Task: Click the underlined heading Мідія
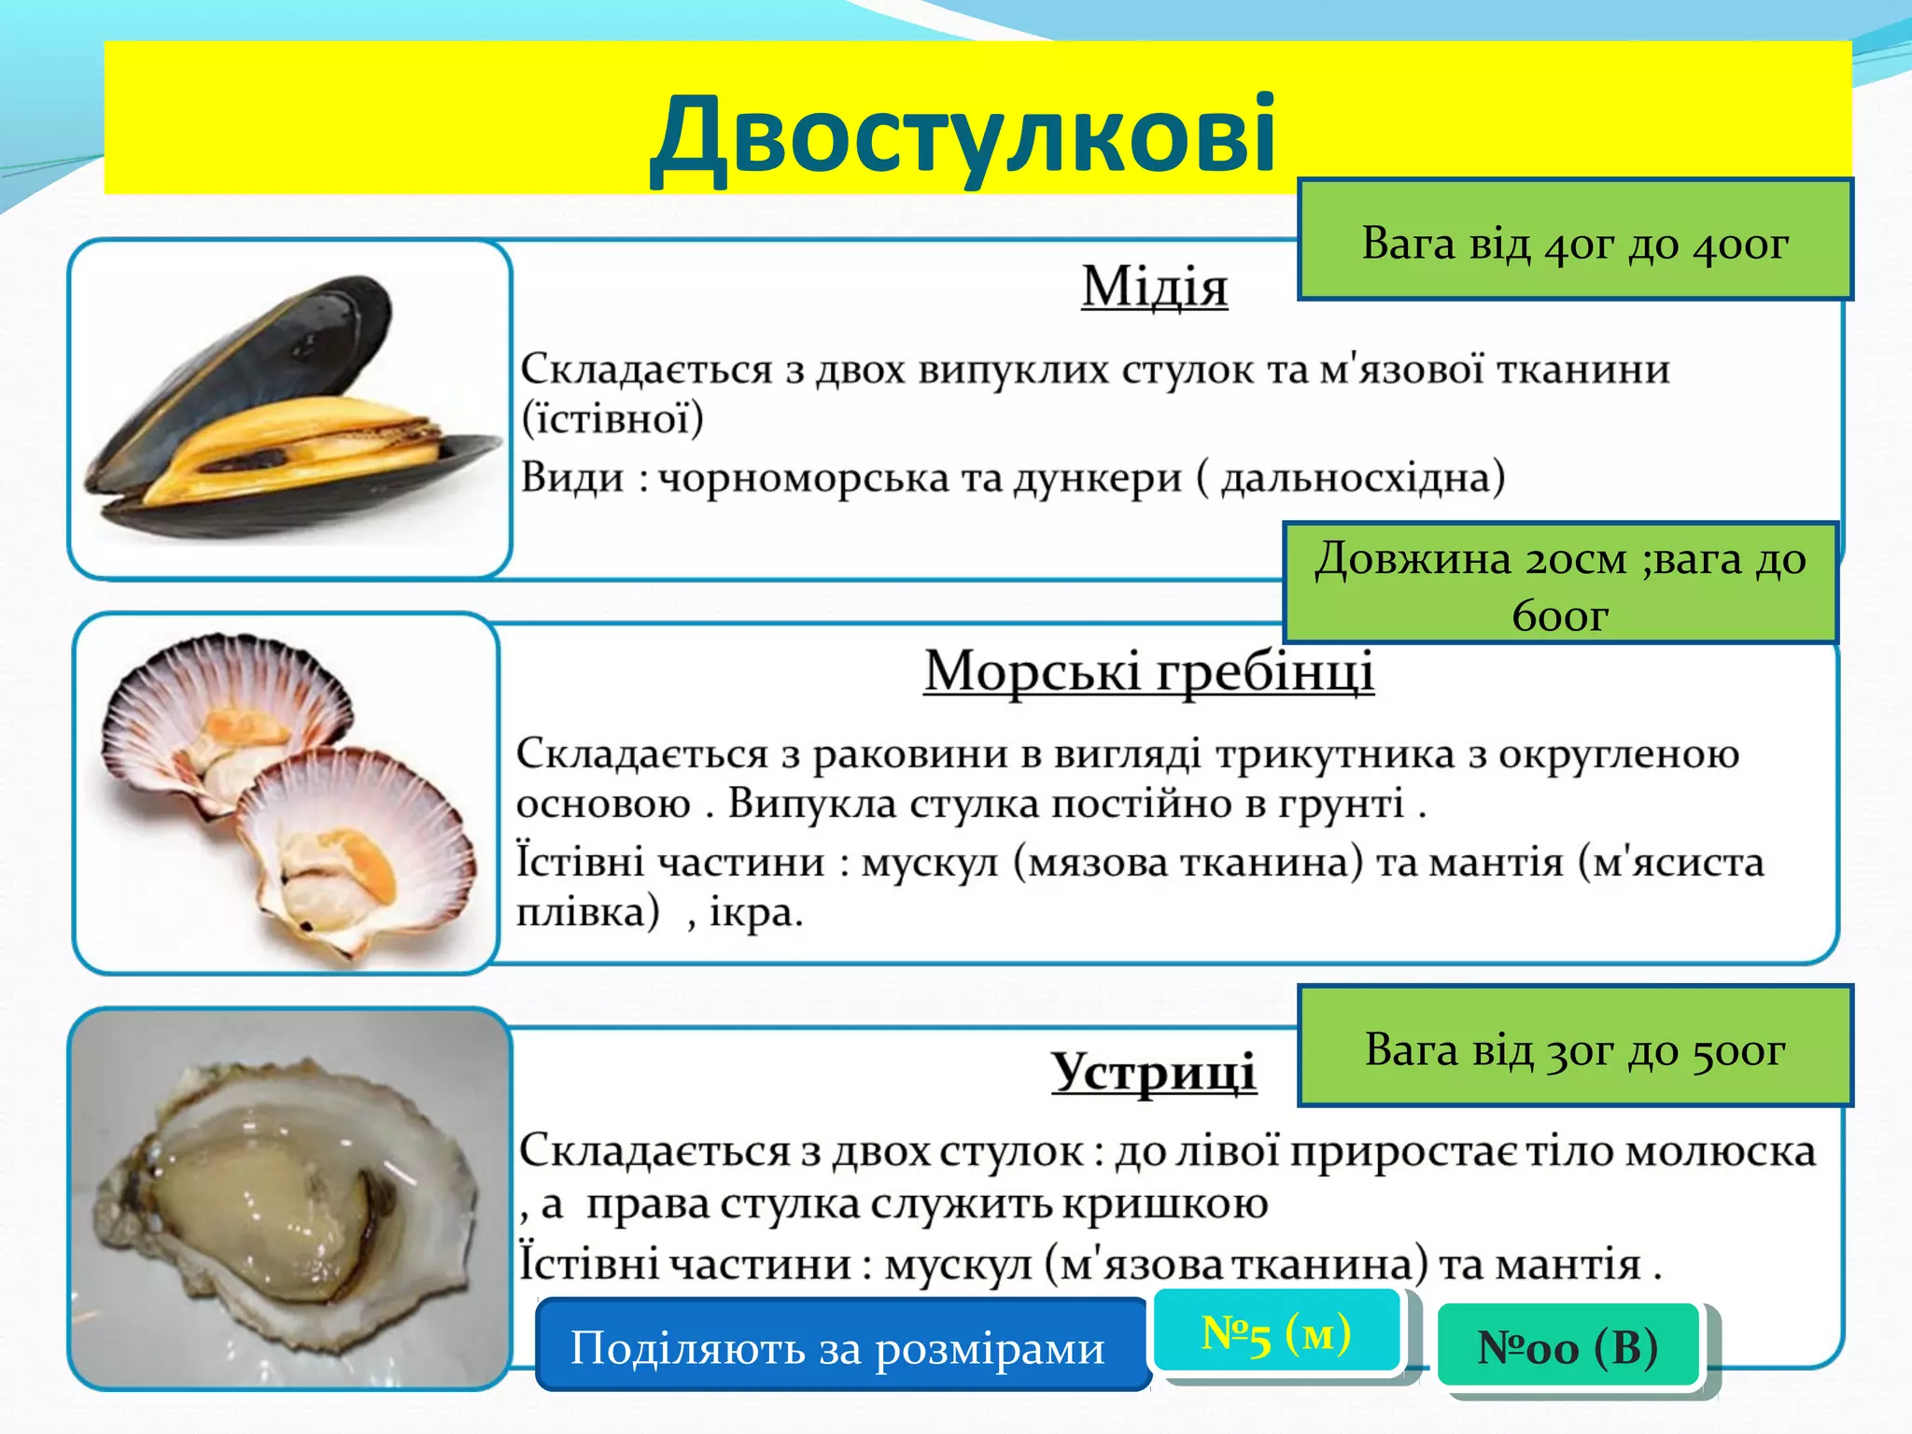[1154, 287]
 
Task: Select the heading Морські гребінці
[1148, 671]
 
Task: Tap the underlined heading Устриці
[1153, 1072]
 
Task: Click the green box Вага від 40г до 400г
[1574, 241]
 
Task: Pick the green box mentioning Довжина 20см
[1559, 584]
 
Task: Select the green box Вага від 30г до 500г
[1574, 1047]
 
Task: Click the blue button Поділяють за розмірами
[838, 1347]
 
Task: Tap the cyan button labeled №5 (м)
[1276, 1332]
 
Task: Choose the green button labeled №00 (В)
[1568, 1346]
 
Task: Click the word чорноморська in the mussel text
[804, 479]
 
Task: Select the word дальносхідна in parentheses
[1363, 479]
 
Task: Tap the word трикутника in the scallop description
[1335, 754]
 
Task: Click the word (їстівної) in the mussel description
[612, 419]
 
